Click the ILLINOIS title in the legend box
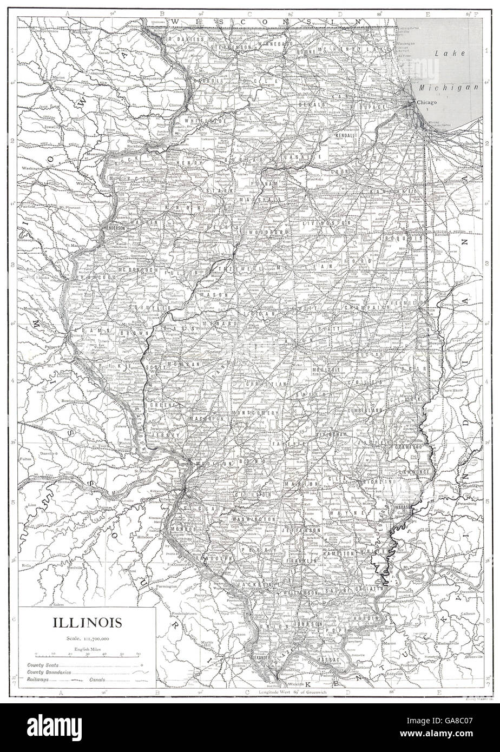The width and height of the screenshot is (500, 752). [87, 622]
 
